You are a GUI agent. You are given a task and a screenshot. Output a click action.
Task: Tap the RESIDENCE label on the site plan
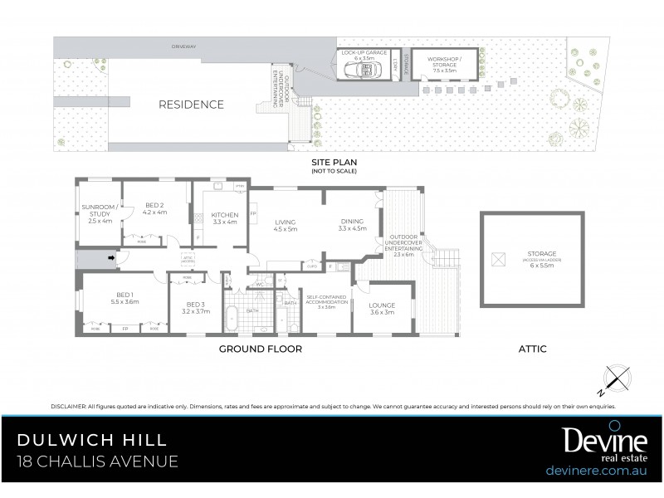192,105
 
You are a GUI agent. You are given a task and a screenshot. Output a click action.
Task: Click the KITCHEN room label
225,218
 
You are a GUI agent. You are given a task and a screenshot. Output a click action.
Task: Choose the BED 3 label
195,308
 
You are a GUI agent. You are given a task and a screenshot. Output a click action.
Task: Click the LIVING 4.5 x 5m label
286,225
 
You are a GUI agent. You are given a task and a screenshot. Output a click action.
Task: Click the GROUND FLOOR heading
260,349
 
